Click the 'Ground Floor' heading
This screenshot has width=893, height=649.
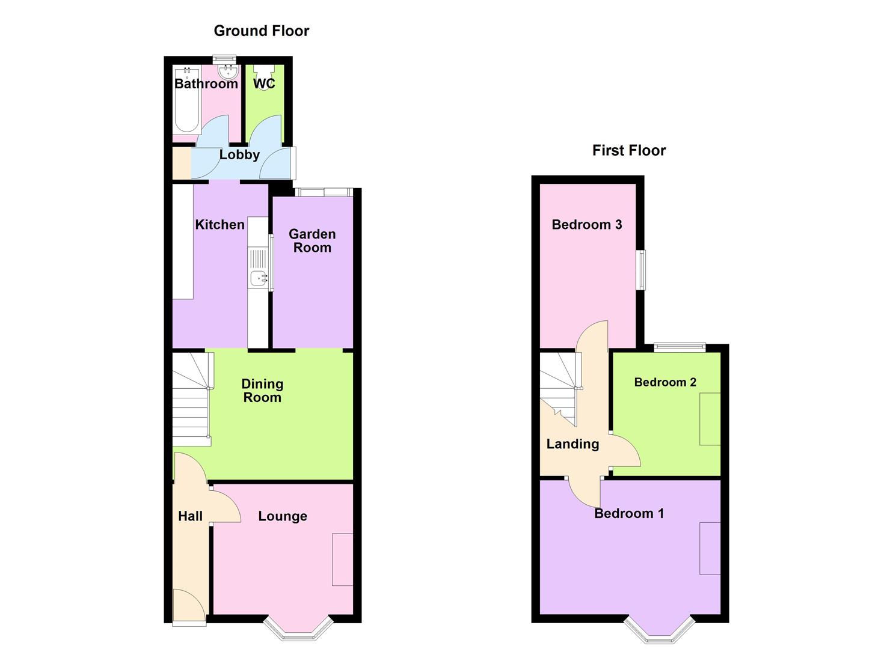pyautogui.click(x=261, y=31)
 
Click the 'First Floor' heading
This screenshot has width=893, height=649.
pyautogui.click(x=628, y=150)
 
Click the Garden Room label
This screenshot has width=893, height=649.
pyautogui.click(x=312, y=241)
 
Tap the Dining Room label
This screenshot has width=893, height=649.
pyautogui.click(x=262, y=391)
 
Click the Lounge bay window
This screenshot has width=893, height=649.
pyautogui.click(x=298, y=629)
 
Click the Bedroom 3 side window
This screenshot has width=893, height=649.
pyautogui.click(x=642, y=270)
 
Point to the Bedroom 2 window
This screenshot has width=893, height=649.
pyautogui.click(x=680, y=346)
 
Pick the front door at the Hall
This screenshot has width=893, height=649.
pyautogui.click(x=189, y=607)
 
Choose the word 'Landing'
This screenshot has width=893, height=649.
pyautogui.click(x=572, y=444)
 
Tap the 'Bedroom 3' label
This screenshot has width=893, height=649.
pyautogui.click(x=586, y=225)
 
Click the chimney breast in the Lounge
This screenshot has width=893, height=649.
pyautogui.click(x=343, y=559)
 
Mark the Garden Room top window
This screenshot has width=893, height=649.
pyautogui.click(x=324, y=192)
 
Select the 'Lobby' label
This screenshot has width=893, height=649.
pyautogui.click(x=239, y=154)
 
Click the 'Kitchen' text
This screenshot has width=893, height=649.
pyautogui.click(x=219, y=225)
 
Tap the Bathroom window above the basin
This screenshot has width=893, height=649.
pyautogui.click(x=224, y=59)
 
